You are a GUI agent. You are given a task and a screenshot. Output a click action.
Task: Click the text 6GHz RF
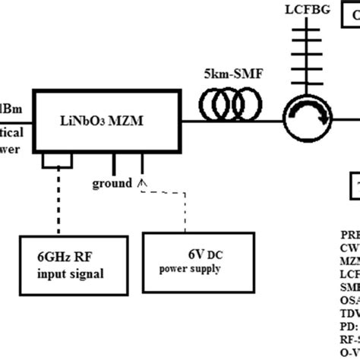[x=64, y=257]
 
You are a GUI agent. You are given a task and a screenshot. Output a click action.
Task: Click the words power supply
[x=190, y=269]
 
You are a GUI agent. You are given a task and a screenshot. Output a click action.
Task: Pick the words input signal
[x=71, y=274]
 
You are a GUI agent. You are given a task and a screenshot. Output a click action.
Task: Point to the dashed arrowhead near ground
[x=141, y=182]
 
